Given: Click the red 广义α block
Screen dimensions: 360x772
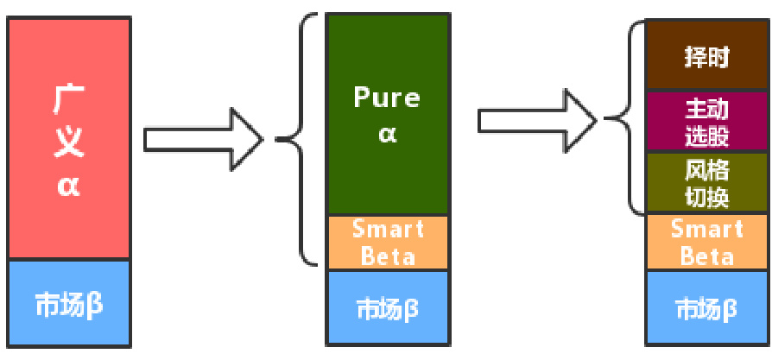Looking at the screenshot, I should pyautogui.click(x=68, y=138).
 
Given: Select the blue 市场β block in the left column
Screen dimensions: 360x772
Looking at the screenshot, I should pyautogui.click(x=68, y=304).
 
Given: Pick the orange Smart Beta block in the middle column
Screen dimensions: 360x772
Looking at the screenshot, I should pyautogui.click(x=388, y=243).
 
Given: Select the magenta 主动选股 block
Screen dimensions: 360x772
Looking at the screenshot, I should pyautogui.click(x=706, y=122).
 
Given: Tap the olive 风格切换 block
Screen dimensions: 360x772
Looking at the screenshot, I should pyautogui.click(x=706, y=183).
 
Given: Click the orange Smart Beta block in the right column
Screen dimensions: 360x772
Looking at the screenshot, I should pyautogui.click(x=706, y=243).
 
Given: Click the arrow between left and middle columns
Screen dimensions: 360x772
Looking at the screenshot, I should pyautogui.click(x=203, y=138).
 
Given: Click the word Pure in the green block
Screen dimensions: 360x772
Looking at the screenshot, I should pyautogui.click(x=387, y=98).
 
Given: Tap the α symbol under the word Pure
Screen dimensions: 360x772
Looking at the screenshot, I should pyautogui.click(x=387, y=134).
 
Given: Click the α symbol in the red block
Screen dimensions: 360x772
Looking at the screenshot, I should pyautogui.click(x=68, y=185).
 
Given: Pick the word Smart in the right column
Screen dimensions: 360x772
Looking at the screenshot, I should pyautogui.click(x=706, y=230).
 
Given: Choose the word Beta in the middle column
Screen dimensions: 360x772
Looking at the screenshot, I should pyautogui.click(x=388, y=256).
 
